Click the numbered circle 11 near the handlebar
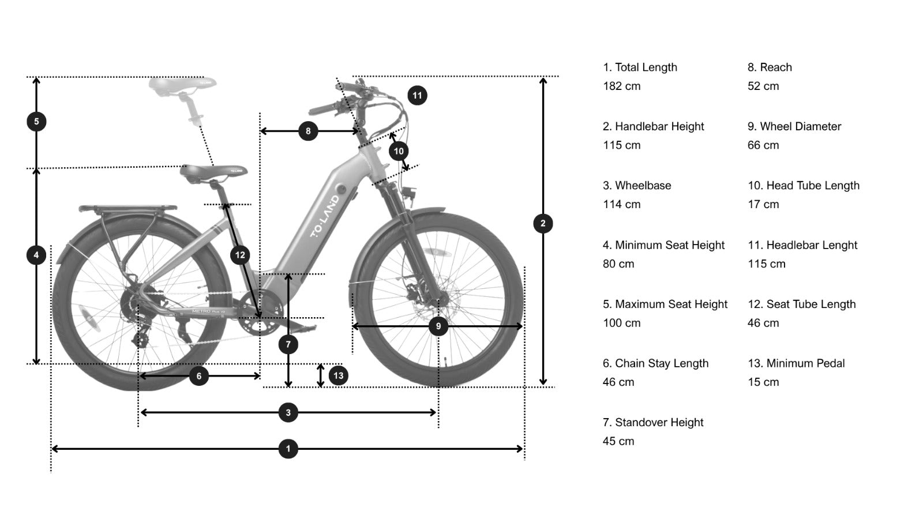click(417, 95)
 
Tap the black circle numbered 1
click(288, 449)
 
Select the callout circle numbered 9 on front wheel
click(438, 326)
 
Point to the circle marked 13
click(338, 376)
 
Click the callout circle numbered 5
click(36, 122)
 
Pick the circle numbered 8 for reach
click(308, 131)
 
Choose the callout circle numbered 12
click(240, 255)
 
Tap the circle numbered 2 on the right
click(543, 224)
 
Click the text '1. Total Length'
click(640, 67)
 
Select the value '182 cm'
click(622, 86)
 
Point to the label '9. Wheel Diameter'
click(794, 126)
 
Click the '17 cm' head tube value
click(763, 205)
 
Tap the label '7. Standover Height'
click(653, 423)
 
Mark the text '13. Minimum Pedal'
click(796, 363)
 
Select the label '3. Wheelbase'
click(637, 186)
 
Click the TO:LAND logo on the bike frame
click(325, 217)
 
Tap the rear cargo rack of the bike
click(128, 208)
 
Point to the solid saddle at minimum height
click(212, 171)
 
